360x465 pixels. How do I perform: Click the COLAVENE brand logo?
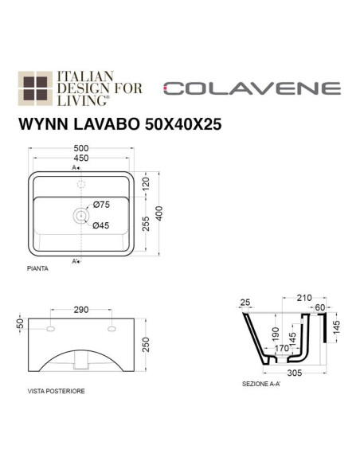click(x=252, y=88)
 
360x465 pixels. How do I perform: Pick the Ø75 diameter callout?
click(x=103, y=204)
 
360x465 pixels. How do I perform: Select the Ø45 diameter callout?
click(x=101, y=225)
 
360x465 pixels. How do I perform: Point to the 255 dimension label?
click(x=147, y=225)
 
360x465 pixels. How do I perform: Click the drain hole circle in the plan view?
click(x=80, y=215)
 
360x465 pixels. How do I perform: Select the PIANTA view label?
click(x=37, y=269)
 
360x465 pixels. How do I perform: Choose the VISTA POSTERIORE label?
click(x=57, y=392)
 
